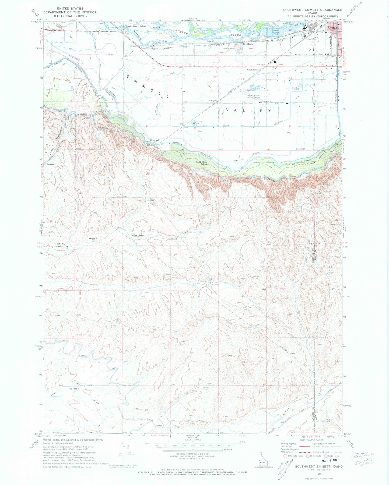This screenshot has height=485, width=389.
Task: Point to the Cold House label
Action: click(253, 70)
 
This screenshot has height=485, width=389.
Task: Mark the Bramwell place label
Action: click(155, 140)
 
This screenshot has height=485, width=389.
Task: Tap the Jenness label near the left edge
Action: click(50, 164)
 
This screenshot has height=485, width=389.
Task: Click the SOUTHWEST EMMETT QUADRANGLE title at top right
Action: click(312, 10)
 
